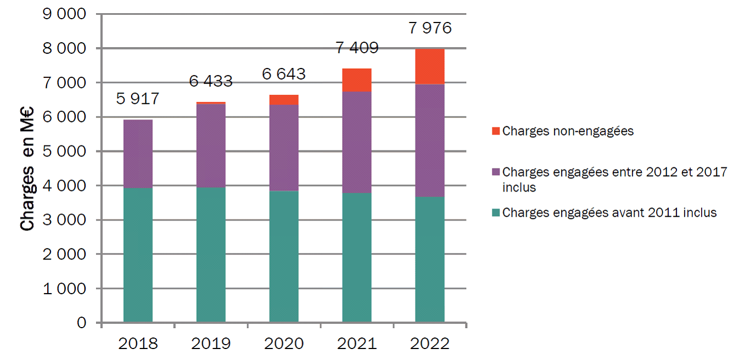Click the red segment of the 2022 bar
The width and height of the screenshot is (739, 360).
click(x=429, y=66)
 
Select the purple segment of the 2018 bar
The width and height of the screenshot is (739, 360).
click(x=138, y=154)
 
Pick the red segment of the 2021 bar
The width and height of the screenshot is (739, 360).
click(x=356, y=80)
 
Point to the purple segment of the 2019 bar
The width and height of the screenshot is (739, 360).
click(x=211, y=145)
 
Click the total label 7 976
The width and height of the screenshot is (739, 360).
click(x=430, y=28)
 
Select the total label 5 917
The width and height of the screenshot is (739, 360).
click(x=138, y=99)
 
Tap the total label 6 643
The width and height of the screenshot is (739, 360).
click(x=284, y=74)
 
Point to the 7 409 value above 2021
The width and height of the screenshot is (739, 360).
click(x=357, y=48)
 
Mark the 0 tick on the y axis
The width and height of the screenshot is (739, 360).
click(x=81, y=323)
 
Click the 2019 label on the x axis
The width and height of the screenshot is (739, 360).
click(x=211, y=344)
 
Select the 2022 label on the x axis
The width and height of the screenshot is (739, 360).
click(x=429, y=344)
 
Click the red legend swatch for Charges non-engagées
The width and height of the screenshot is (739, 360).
click(x=496, y=131)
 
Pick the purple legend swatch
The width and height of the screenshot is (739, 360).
click(x=496, y=172)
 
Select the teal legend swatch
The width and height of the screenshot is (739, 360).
click(x=496, y=213)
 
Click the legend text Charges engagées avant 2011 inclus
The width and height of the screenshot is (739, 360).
click(x=609, y=213)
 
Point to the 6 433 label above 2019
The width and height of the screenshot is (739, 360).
click(x=211, y=82)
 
